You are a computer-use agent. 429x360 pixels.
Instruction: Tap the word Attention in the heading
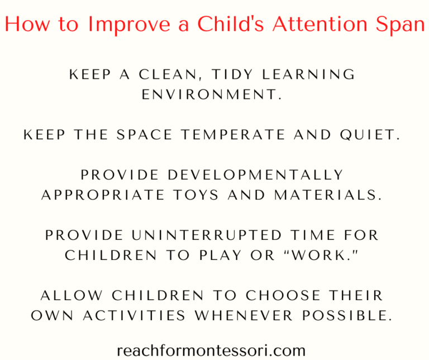click(x=320, y=24)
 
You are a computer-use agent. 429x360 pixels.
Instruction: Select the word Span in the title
click(x=400, y=25)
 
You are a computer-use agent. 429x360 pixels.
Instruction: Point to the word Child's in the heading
click(x=230, y=23)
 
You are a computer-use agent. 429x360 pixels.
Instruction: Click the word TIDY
click(x=232, y=74)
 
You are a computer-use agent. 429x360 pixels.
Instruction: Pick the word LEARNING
click(x=308, y=74)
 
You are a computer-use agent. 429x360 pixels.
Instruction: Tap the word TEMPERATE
click(x=233, y=135)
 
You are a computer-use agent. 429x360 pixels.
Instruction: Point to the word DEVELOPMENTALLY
click(x=255, y=175)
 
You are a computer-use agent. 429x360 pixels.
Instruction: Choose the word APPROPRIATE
click(x=103, y=195)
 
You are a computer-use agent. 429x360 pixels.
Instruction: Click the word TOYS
click(x=196, y=195)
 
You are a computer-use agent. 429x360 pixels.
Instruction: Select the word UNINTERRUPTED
click(x=207, y=235)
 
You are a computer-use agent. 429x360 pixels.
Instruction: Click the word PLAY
click(x=220, y=255)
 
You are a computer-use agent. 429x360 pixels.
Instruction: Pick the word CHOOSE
click(x=283, y=295)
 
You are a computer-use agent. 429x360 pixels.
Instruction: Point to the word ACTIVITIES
click(x=134, y=315)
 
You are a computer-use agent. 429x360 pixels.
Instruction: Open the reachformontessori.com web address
click(x=211, y=350)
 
